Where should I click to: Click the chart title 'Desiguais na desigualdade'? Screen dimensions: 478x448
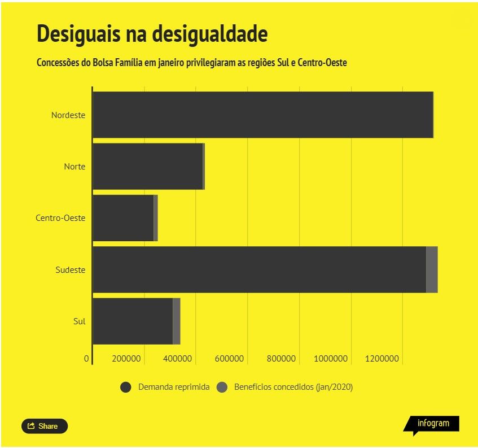coord(152,34)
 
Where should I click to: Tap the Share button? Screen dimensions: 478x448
coord(45,426)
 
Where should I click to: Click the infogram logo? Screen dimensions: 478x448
coord(432,424)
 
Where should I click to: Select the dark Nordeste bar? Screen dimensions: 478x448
coord(263,115)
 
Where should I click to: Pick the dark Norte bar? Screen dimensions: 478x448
coord(148,166)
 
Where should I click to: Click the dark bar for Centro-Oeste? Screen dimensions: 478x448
coord(123,218)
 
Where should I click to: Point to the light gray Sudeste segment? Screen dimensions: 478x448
coord(432,270)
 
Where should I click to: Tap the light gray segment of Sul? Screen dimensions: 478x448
coord(177,321)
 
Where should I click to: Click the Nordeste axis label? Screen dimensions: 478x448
coord(68,115)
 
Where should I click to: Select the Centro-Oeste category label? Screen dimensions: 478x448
coord(60,218)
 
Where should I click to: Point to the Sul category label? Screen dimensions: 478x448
coord(79,321)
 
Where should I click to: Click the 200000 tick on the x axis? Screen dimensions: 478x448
coord(126,359)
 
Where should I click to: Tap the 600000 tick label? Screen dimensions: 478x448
coord(229,359)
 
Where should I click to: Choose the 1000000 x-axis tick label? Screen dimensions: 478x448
coord(331,359)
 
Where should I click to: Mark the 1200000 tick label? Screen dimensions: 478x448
coord(382,359)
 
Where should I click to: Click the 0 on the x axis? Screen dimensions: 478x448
coord(86,359)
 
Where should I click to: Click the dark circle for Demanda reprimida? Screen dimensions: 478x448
coord(126,388)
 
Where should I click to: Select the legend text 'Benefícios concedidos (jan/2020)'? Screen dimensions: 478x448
coord(293,387)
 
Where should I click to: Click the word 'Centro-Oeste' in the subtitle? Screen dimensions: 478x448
coord(322,63)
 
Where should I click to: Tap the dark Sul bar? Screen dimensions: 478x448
coord(133,321)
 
